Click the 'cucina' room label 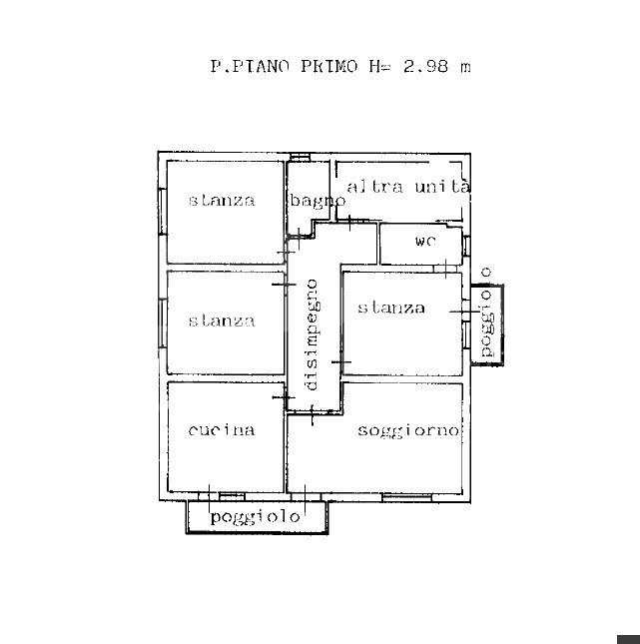222,430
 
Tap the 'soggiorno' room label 408,431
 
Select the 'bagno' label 318,201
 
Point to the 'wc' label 425,241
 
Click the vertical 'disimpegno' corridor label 313,334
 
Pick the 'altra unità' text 408,187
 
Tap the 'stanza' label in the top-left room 222,200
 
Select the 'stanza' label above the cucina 222,321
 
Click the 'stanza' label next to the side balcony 391,308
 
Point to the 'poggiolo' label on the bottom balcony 255,517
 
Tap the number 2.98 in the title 426,66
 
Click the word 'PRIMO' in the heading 329,66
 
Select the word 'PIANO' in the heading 261,66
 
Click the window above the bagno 300,157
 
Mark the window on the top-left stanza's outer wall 163,212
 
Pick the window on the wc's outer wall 466,246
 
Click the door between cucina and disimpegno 284,397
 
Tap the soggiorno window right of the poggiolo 406,498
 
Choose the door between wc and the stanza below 445,269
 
